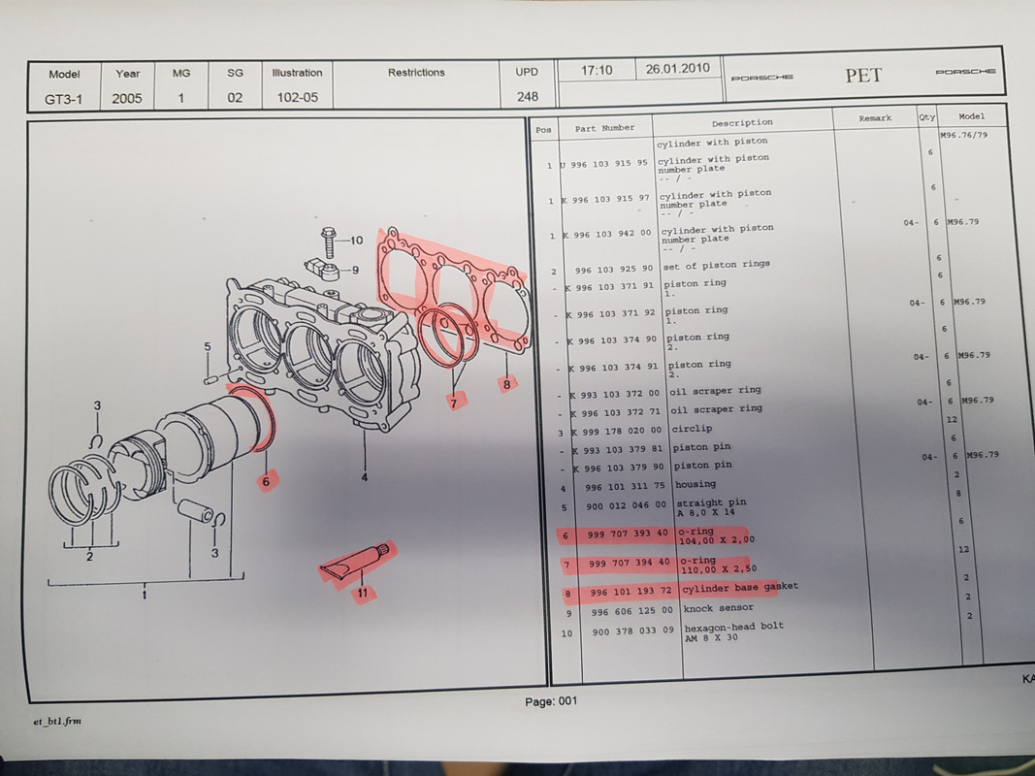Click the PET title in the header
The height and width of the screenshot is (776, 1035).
(863, 76)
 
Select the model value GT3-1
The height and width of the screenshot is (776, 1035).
(63, 100)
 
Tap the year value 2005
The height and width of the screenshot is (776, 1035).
(127, 99)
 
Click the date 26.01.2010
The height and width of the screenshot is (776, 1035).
(677, 69)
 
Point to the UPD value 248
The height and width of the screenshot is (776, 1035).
(528, 96)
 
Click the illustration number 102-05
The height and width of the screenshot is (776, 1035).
(297, 98)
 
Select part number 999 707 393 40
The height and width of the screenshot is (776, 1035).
(628, 533)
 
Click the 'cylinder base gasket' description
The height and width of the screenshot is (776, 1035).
(740, 587)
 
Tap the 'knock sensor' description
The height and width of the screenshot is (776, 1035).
(718, 608)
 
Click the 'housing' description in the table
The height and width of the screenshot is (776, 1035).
(695, 484)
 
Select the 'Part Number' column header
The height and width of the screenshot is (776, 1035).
(604, 128)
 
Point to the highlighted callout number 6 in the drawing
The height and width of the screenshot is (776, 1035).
(266, 482)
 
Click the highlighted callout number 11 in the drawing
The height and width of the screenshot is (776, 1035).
(363, 593)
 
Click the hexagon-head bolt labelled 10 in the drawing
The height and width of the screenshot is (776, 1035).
(329, 243)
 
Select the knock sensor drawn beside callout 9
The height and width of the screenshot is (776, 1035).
(323, 270)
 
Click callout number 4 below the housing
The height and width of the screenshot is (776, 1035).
(365, 476)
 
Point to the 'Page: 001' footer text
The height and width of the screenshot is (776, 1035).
(551, 701)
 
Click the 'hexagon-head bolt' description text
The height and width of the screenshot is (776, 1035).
(734, 627)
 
